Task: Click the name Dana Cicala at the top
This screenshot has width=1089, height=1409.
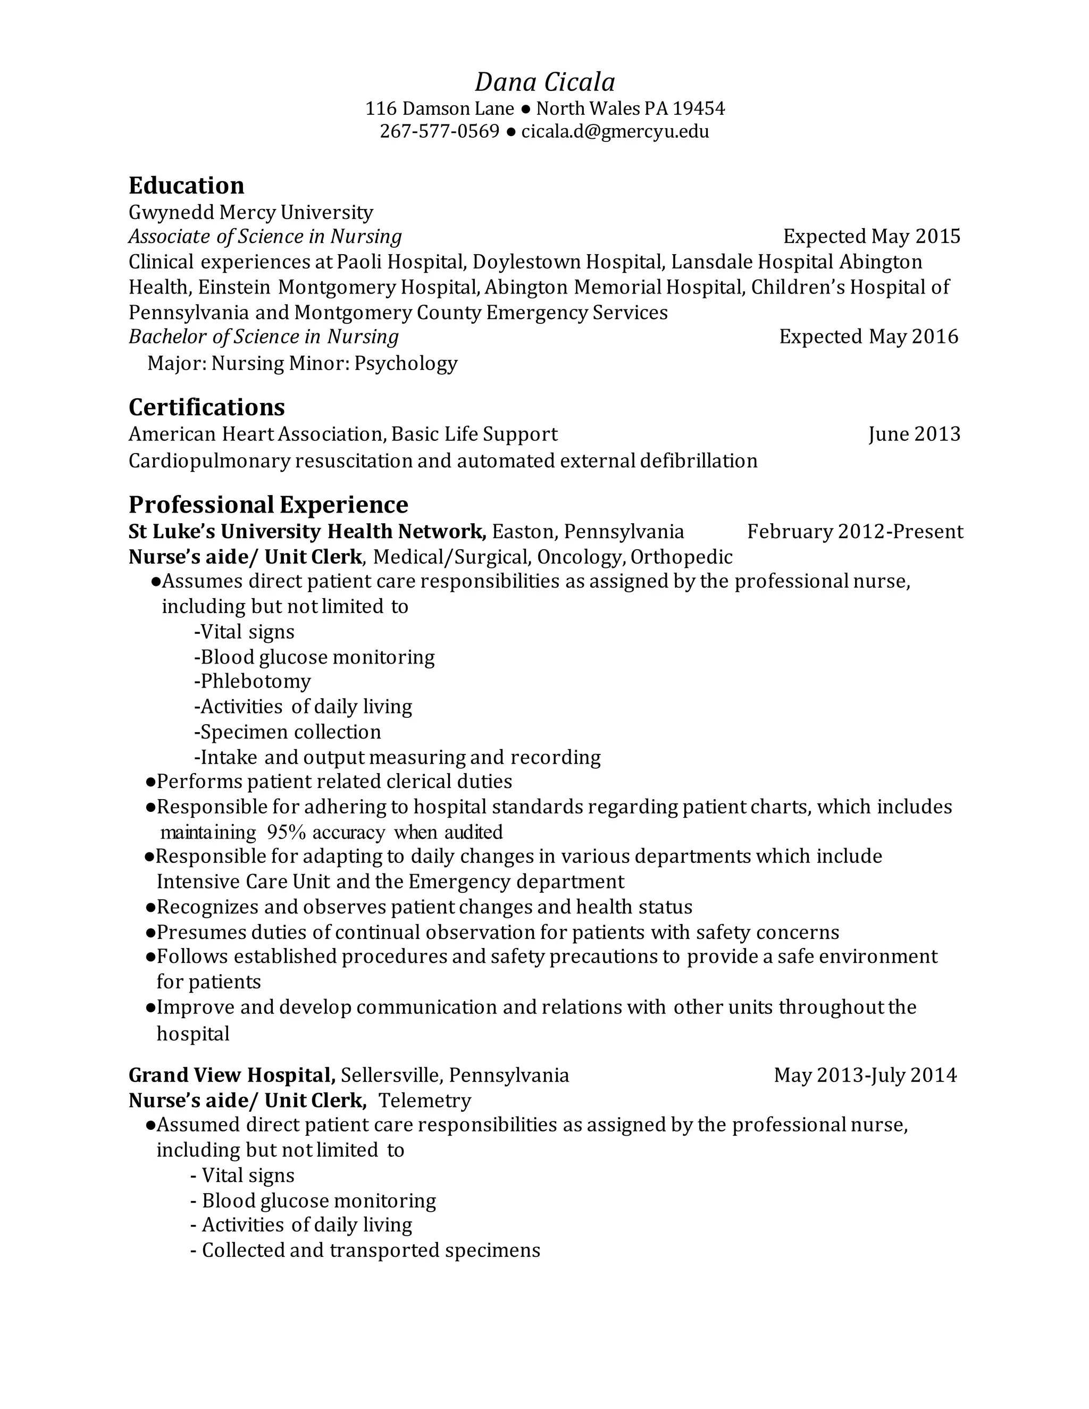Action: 544,82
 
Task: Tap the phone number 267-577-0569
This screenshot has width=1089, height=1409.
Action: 439,132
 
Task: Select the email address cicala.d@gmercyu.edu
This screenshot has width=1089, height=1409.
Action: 615,132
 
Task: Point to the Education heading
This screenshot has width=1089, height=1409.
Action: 187,186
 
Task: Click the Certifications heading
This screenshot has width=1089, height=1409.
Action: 206,408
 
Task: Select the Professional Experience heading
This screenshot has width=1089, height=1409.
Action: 269,505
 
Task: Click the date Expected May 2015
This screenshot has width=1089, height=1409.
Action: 872,237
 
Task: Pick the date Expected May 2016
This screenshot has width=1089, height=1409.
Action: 868,337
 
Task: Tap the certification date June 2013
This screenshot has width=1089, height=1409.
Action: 914,434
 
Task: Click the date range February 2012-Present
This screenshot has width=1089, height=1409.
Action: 855,532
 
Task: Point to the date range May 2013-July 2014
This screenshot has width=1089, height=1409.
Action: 865,1076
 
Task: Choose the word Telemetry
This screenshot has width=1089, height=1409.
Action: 424,1101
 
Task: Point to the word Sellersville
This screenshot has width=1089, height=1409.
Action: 391,1076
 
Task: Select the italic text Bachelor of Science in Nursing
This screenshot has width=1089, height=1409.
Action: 264,337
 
